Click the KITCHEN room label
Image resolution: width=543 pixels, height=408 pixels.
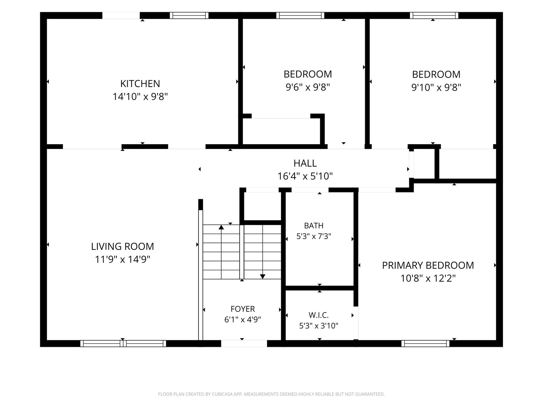click(x=140, y=84)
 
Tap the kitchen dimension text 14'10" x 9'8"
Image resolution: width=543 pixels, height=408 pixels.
click(x=140, y=96)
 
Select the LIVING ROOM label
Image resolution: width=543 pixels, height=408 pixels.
click(x=123, y=247)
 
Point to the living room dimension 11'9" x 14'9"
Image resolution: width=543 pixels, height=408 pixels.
click(x=123, y=259)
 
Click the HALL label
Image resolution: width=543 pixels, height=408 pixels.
click(x=305, y=163)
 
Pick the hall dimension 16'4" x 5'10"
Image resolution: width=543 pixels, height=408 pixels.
click(x=305, y=176)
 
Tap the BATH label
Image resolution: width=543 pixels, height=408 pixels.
click(x=314, y=226)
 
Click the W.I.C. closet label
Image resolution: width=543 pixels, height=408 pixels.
click(x=319, y=315)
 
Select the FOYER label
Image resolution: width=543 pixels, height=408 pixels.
click(x=242, y=309)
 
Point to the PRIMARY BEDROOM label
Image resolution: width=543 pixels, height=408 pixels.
click(x=428, y=265)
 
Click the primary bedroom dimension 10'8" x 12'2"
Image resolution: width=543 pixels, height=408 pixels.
click(x=428, y=278)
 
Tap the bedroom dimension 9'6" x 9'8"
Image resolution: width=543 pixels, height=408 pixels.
click(x=308, y=87)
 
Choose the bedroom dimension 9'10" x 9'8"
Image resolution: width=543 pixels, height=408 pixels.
click(x=436, y=87)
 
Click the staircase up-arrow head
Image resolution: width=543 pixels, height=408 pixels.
click(x=221, y=227)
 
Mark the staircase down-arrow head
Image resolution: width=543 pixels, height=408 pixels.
click(x=263, y=276)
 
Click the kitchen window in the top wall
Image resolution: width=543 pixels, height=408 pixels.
click(x=189, y=15)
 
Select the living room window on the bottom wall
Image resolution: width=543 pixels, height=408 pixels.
click(x=123, y=343)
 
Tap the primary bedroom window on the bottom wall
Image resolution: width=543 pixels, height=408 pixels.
click(x=425, y=343)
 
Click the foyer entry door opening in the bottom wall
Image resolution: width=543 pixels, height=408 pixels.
click(x=244, y=343)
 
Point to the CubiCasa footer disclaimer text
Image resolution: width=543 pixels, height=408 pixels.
click(x=271, y=394)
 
